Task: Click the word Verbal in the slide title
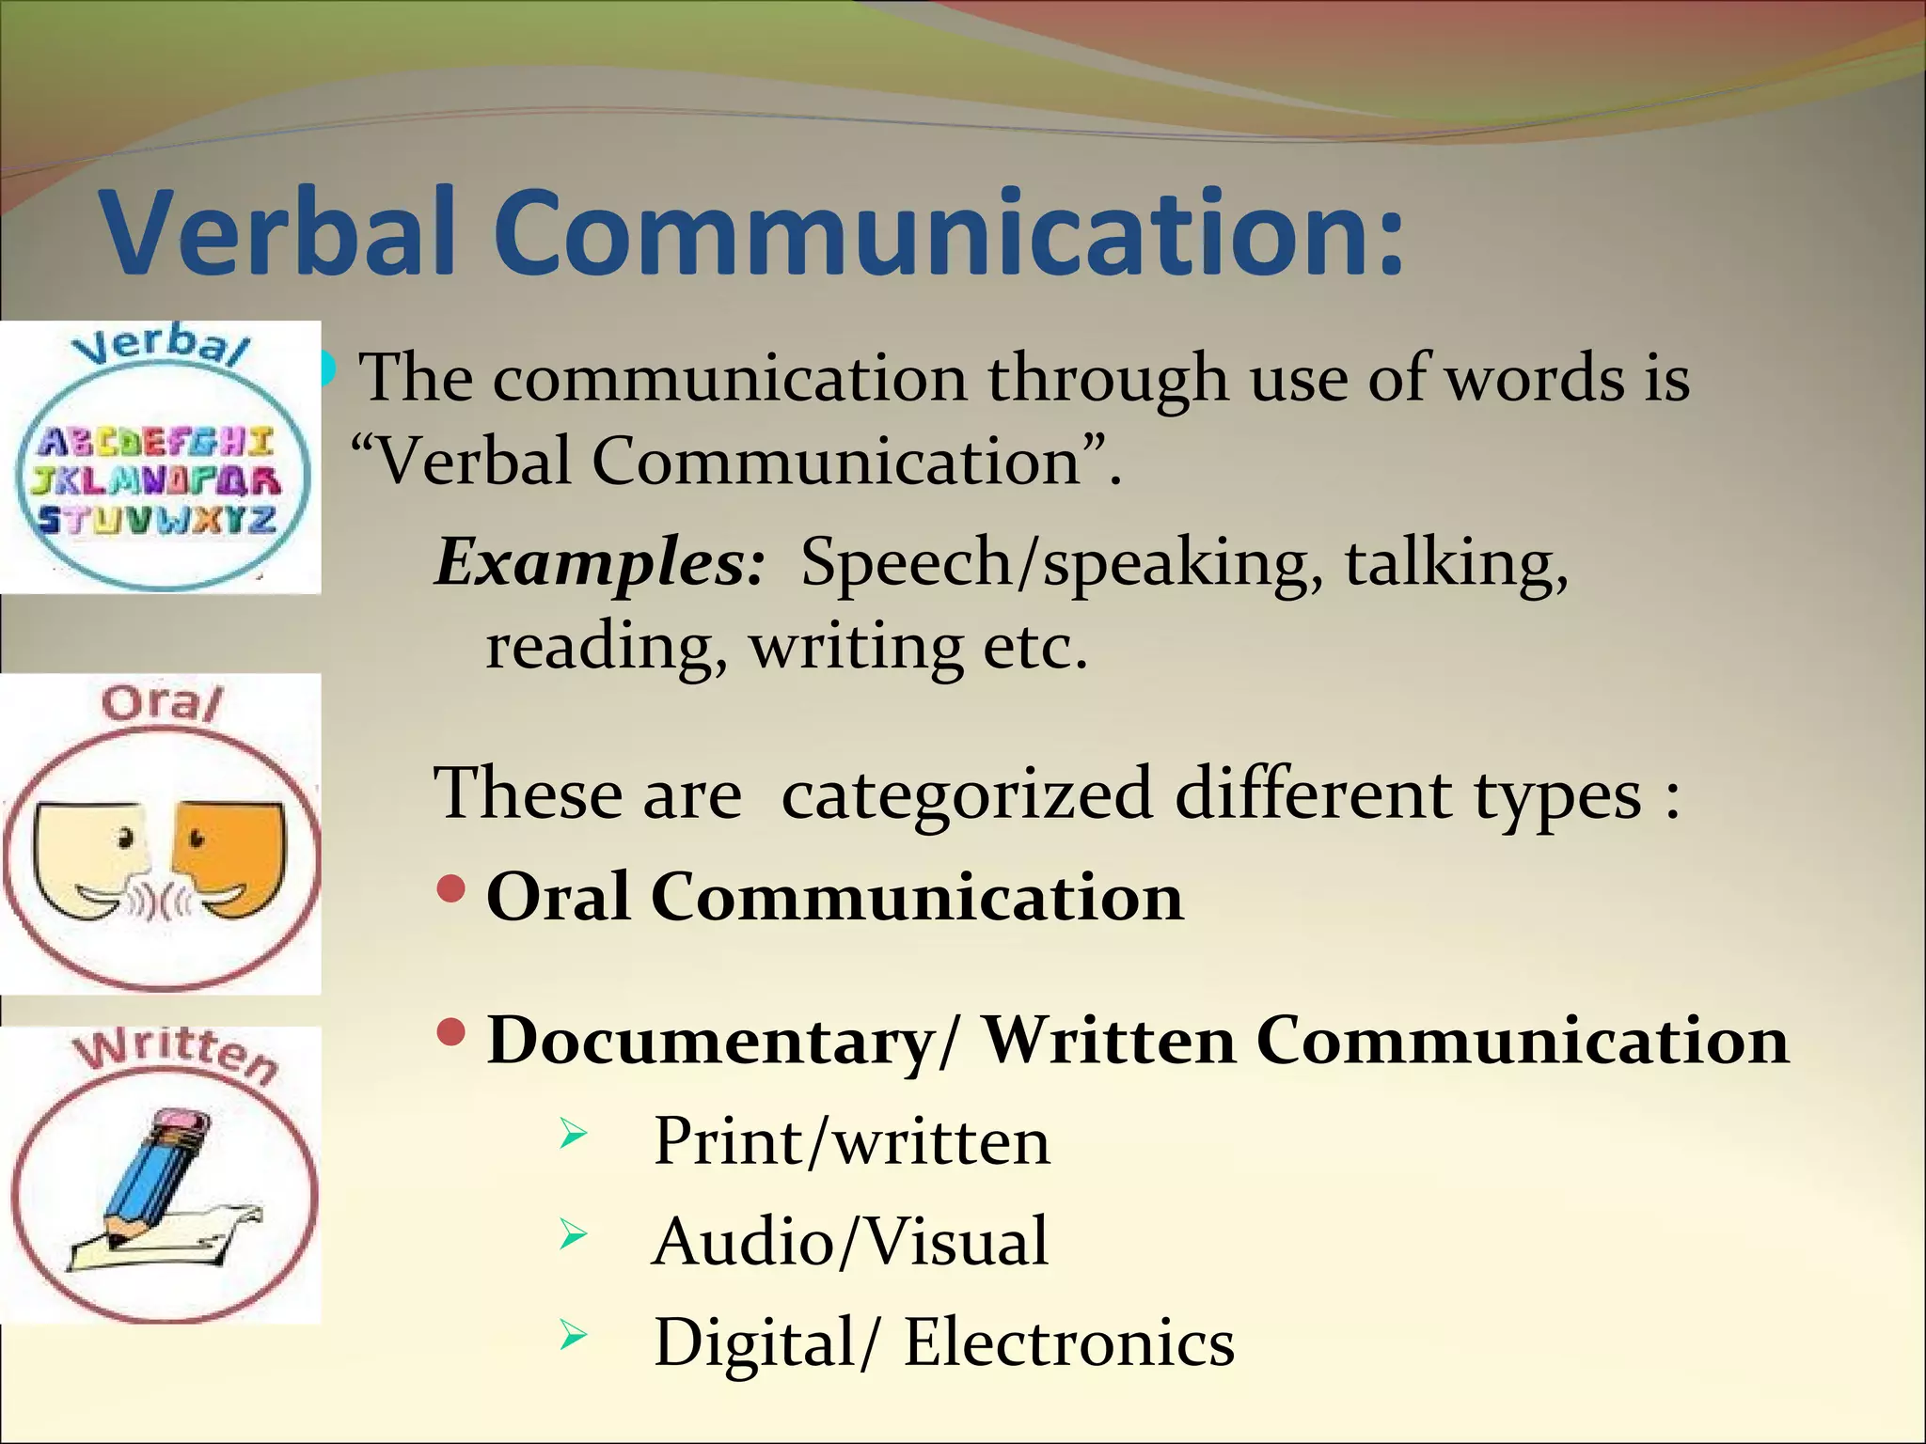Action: point(278,231)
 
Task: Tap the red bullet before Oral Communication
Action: point(452,888)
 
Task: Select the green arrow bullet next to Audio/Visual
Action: point(573,1234)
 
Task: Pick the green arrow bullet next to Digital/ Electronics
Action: point(573,1335)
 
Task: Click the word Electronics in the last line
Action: point(1068,1342)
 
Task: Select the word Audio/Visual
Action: point(849,1242)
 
